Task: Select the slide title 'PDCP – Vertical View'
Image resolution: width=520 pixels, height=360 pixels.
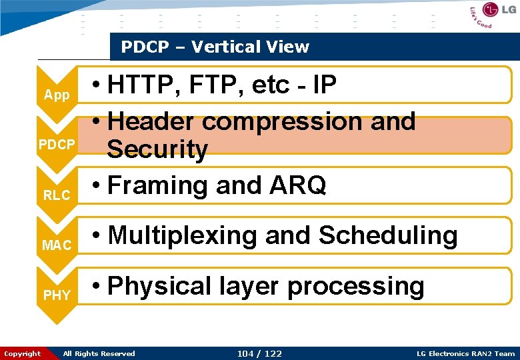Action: [215, 47]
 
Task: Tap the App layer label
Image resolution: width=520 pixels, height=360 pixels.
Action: [57, 95]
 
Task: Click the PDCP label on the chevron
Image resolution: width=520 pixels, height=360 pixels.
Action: [57, 145]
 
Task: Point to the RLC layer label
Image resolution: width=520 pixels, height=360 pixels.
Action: [57, 195]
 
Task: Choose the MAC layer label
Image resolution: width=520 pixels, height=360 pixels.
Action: [57, 245]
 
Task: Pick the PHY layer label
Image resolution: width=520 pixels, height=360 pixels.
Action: [57, 295]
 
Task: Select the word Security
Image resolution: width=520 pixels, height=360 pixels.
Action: [157, 149]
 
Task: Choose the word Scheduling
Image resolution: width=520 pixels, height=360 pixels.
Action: [388, 235]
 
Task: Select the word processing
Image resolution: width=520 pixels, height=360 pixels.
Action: [355, 286]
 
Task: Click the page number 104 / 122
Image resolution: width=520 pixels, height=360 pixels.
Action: [259, 353]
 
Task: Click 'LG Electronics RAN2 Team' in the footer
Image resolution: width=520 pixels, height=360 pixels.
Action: [465, 353]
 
